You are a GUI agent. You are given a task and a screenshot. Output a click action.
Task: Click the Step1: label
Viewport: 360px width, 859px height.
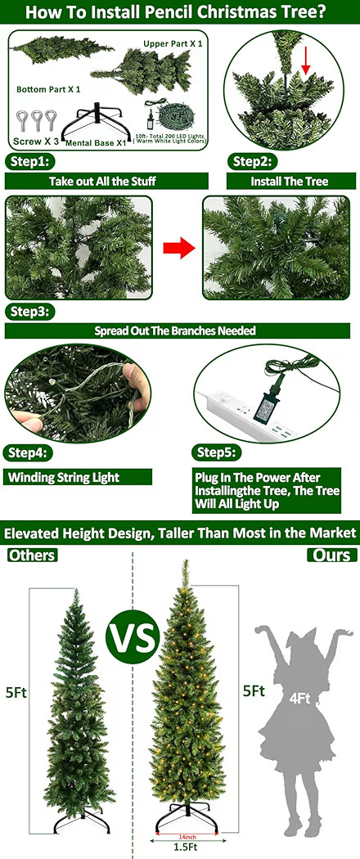[30, 161]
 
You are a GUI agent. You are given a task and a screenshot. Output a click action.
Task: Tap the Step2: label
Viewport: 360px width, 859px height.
[251, 161]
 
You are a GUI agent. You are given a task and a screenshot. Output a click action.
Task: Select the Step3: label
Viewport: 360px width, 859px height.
[30, 312]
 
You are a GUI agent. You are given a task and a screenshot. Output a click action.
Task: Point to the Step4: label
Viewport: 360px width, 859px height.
[30, 452]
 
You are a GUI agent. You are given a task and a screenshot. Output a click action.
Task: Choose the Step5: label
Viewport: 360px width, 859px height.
[217, 452]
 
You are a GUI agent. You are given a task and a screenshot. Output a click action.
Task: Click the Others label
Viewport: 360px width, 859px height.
[32, 555]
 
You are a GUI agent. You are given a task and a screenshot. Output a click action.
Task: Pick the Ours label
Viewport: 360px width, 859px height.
[332, 555]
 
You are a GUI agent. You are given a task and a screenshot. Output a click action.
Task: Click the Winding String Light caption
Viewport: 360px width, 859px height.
[63, 477]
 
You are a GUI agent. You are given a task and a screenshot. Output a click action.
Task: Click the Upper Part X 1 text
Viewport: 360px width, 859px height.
[173, 43]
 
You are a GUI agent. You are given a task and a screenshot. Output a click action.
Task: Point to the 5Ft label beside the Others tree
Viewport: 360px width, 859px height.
[16, 692]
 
